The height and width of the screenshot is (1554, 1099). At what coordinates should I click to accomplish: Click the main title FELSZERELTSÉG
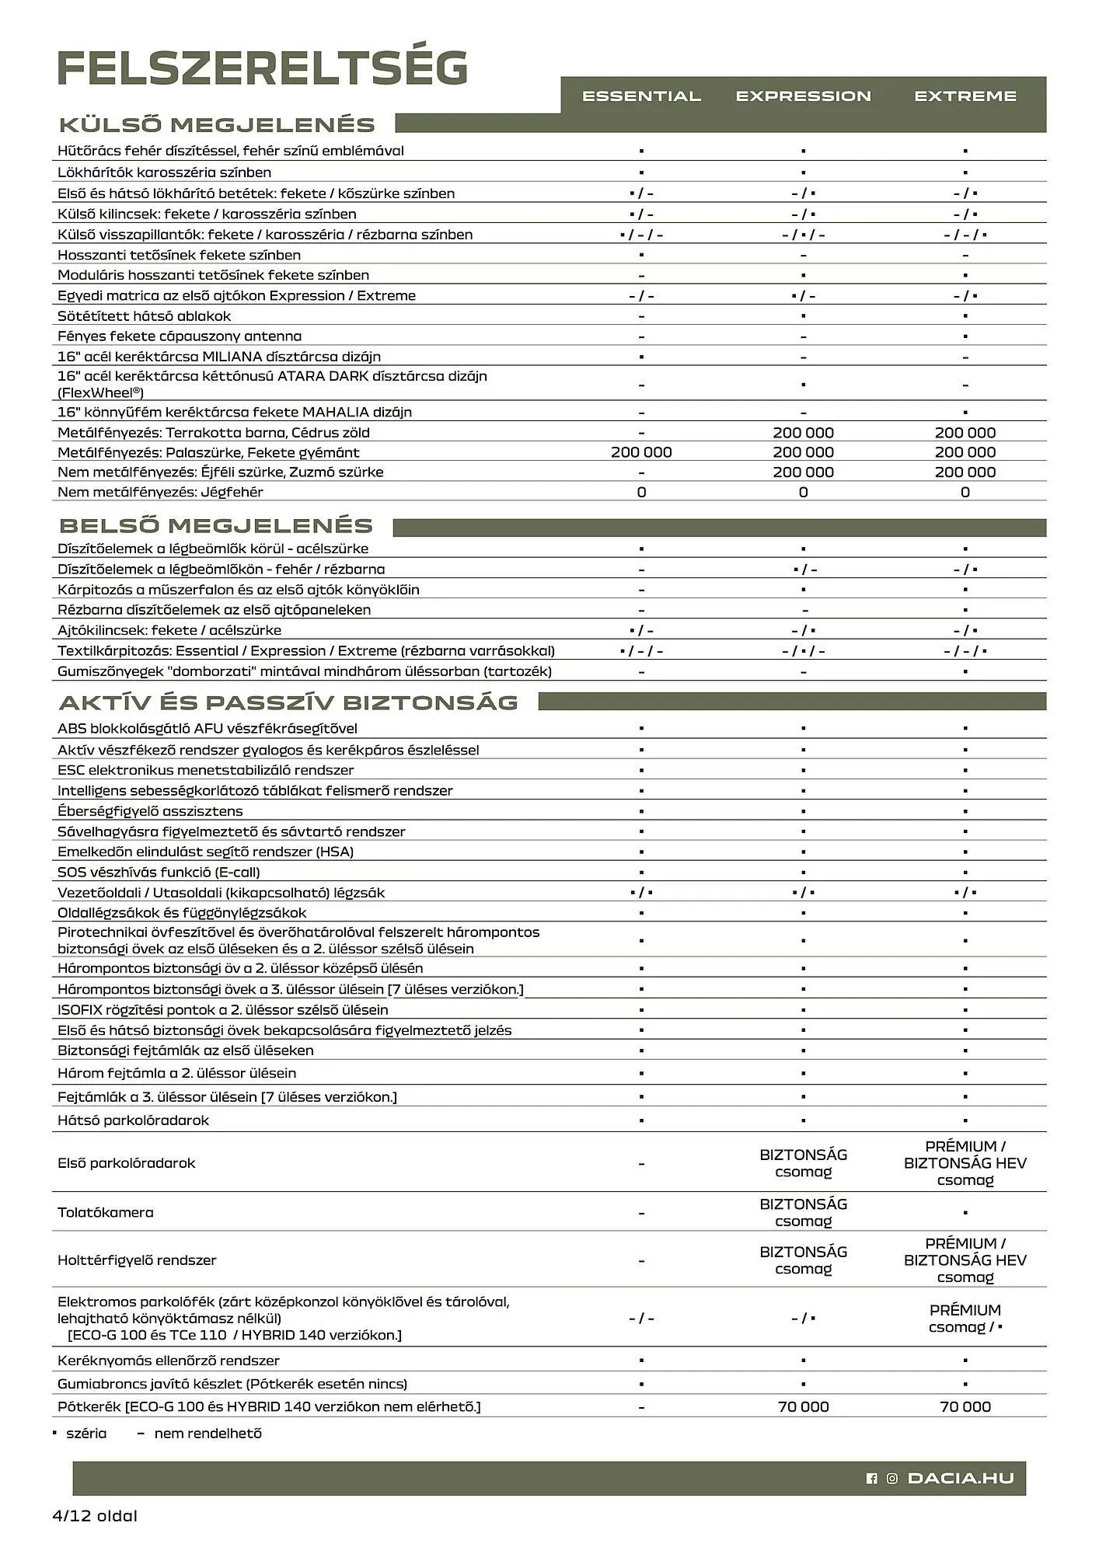pyautogui.click(x=263, y=68)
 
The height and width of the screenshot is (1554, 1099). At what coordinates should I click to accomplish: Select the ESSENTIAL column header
pyautogui.click(x=641, y=96)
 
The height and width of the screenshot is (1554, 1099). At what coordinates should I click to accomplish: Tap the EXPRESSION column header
pyautogui.click(x=803, y=96)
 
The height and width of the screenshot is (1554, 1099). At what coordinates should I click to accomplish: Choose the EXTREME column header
pyautogui.click(x=965, y=96)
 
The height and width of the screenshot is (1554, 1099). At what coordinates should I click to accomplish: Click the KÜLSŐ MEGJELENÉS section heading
pyautogui.click(x=217, y=125)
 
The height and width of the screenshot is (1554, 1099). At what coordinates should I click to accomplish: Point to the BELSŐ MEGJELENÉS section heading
pyautogui.click(x=215, y=525)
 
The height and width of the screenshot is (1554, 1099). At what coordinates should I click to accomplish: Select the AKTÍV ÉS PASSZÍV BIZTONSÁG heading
pyautogui.click(x=288, y=702)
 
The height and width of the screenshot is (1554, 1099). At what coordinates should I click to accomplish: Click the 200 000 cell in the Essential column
pyautogui.click(x=641, y=452)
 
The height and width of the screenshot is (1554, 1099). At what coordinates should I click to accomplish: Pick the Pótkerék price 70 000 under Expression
pyautogui.click(x=803, y=1406)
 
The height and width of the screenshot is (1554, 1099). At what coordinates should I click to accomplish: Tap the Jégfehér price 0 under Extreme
pyautogui.click(x=965, y=492)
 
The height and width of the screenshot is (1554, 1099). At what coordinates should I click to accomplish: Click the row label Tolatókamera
pyautogui.click(x=106, y=1212)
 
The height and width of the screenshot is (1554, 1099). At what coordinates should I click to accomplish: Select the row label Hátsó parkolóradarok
pyautogui.click(x=133, y=1120)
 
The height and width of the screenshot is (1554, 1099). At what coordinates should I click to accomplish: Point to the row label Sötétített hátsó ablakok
pyautogui.click(x=144, y=316)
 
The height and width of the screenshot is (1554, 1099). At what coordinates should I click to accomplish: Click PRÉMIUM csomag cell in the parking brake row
pyautogui.click(x=965, y=1319)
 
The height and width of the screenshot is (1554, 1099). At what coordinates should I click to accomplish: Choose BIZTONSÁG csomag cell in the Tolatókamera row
pyautogui.click(x=803, y=1212)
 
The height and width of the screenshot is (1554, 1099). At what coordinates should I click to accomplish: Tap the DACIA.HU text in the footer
pyautogui.click(x=961, y=1478)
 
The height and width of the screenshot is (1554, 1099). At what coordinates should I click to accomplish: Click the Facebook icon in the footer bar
pyautogui.click(x=871, y=1479)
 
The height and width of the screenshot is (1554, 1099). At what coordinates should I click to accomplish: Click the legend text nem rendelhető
pyautogui.click(x=208, y=1434)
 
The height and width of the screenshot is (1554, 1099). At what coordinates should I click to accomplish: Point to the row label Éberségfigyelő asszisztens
pyautogui.click(x=150, y=811)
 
